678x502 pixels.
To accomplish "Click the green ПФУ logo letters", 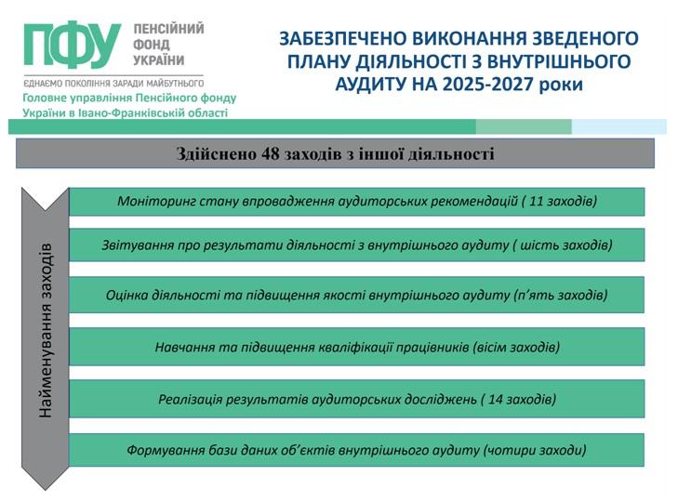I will (x=73, y=45).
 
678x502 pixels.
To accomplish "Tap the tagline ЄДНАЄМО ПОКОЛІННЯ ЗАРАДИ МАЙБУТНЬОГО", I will (x=113, y=84).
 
